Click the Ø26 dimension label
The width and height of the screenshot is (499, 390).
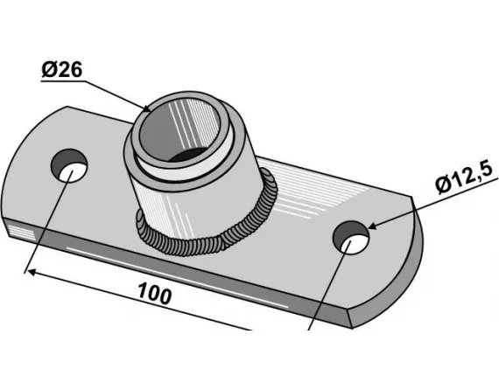pyautogui.click(x=62, y=69)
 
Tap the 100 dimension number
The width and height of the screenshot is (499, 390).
pyautogui.click(x=155, y=294)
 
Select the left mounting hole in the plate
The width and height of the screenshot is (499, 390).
pyautogui.click(x=69, y=165)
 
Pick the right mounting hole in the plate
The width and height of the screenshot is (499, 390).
pyautogui.click(x=351, y=237)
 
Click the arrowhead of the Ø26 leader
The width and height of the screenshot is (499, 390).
pyautogui.click(x=146, y=108)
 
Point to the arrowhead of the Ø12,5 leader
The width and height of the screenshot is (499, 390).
pyautogui.click(x=373, y=226)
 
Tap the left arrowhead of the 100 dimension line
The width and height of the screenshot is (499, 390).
pyautogui.click(x=32, y=273)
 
